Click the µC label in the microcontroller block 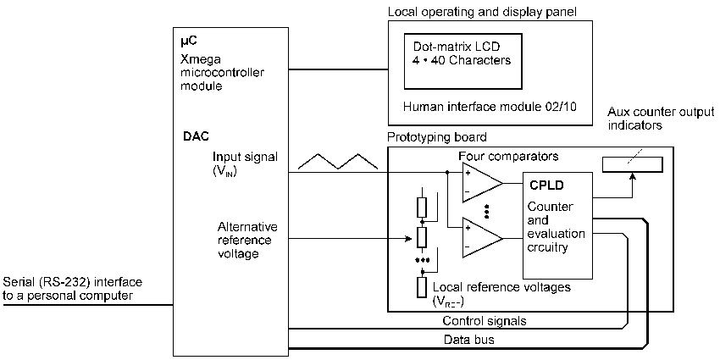tap(191, 41)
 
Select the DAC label tap(196, 135)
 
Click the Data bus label tap(468, 339)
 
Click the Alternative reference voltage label tap(247, 240)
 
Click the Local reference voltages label tap(501, 288)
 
